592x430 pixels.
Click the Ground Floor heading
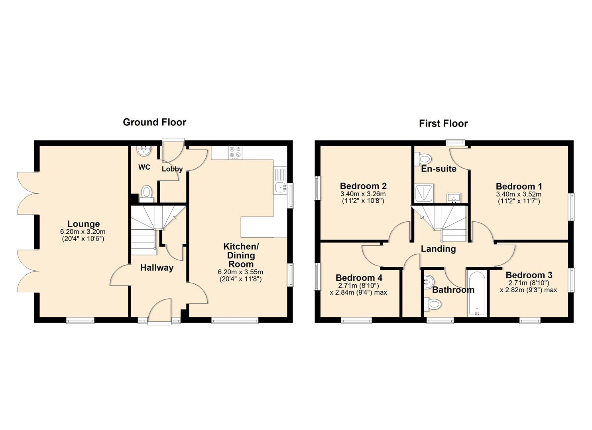[154, 122]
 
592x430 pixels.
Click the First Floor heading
[443, 123]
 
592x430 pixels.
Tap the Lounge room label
[83, 224]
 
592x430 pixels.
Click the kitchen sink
[280, 186]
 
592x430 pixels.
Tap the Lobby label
[172, 169]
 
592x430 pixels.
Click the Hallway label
[157, 268]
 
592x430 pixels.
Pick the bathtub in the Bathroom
[477, 293]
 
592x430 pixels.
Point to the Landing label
[438, 249]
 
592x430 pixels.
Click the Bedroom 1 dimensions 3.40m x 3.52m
[518, 194]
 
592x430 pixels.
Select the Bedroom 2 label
[363, 186]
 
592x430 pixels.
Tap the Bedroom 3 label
[529, 275]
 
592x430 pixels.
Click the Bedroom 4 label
[359, 278]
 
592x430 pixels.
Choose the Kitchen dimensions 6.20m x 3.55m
[240, 272]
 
